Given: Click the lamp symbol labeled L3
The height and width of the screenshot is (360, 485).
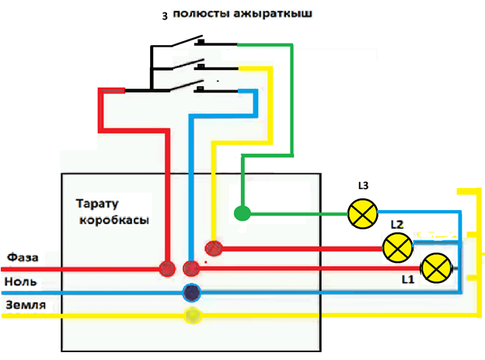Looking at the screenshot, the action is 363,214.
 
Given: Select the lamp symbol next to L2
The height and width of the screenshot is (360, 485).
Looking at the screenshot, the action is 398,247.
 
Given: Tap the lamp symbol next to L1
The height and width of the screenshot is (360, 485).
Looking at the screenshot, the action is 437,268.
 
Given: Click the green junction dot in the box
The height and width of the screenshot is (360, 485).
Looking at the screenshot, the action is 242,213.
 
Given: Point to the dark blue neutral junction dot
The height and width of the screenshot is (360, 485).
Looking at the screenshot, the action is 192,292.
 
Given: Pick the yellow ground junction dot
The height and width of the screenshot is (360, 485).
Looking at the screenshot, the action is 193,316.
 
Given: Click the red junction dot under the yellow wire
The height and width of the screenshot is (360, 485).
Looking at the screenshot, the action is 214,248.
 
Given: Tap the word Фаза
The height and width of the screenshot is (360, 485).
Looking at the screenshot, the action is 23,257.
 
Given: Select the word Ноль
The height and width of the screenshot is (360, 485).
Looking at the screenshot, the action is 20,281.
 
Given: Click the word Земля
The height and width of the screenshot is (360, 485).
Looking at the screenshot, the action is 26,305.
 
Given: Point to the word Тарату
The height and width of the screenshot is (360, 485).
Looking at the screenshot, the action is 97,204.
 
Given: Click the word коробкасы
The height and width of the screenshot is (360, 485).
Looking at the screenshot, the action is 114,220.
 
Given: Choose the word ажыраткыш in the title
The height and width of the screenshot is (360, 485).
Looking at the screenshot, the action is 273,14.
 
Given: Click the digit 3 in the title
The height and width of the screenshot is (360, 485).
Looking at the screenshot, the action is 165,16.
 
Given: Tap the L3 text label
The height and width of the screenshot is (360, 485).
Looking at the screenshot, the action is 363,185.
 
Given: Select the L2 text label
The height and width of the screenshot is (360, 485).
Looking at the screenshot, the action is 397,225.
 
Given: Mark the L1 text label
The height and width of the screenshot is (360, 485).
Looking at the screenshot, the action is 408,279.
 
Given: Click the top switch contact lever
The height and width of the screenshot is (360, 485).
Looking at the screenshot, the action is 187,41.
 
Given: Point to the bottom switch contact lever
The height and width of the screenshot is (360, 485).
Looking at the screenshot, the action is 187,86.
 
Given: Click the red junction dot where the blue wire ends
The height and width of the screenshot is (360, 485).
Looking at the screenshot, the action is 191,268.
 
